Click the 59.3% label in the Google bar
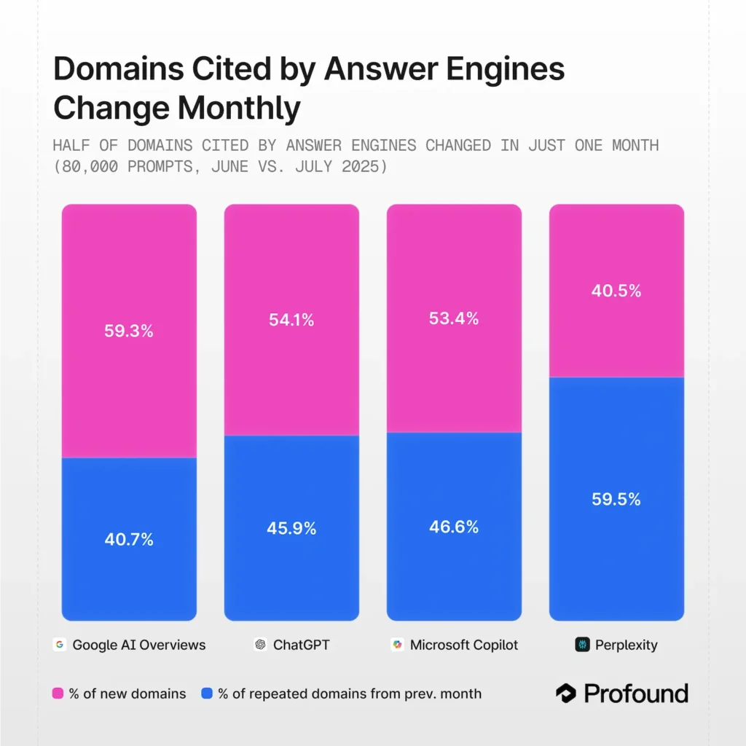click(129, 331)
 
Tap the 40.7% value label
click(129, 540)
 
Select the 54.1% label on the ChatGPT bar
click(291, 319)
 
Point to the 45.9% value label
click(291, 529)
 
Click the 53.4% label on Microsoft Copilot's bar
click(454, 318)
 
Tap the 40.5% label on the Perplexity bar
click(616, 291)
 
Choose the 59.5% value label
click(616, 500)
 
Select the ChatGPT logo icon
click(260, 645)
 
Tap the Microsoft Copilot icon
click(397, 645)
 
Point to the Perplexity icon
click(582, 645)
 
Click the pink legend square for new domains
click(58, 694)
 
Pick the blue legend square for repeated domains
click(207, 694)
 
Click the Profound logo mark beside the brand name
click(566, 694)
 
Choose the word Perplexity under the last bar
click(626, 645)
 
